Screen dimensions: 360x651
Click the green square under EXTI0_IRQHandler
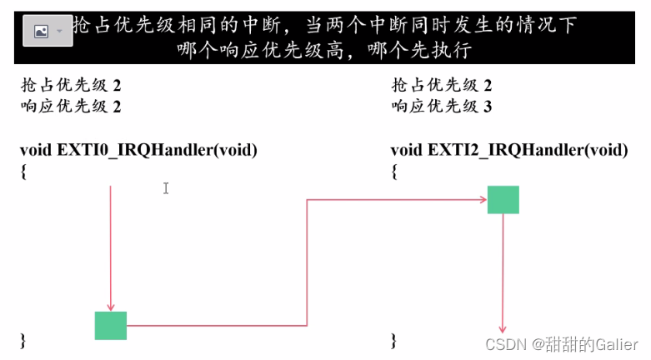click(111, 325)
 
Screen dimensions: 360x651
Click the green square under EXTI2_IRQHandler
click(503, 200)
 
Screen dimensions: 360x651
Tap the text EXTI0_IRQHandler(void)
click(138, 150)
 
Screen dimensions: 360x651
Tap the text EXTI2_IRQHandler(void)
click(508, 150)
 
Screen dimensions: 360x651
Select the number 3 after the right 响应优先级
click(488, 107)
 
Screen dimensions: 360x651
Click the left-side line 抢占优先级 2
click(71, 85)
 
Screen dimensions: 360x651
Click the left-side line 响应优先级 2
click(71, 107)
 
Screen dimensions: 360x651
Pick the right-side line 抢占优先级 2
click(441, 85)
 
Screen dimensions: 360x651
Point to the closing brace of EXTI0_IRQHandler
click(23, 339)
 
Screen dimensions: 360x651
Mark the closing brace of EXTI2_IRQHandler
click(394, 339)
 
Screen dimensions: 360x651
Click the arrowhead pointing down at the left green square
click(111, 307)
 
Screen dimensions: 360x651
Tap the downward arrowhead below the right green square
click(503, 328)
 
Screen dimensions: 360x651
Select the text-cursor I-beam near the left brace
click(166, 188)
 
